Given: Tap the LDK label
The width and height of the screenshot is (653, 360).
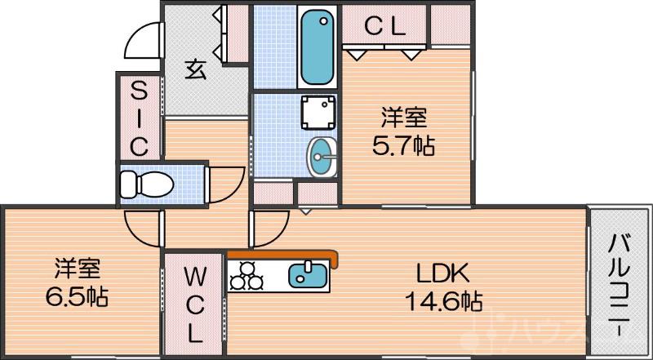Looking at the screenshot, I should coord(443,273).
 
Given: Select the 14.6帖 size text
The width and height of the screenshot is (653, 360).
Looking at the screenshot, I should coord(443,300).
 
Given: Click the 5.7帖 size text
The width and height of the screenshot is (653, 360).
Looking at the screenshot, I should coord(402,145).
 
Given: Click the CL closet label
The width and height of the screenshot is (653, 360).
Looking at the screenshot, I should coord(384,27).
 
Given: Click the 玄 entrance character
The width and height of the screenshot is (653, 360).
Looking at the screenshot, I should coord(193,70).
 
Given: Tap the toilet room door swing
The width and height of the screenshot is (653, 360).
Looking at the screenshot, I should coord(227,185).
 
